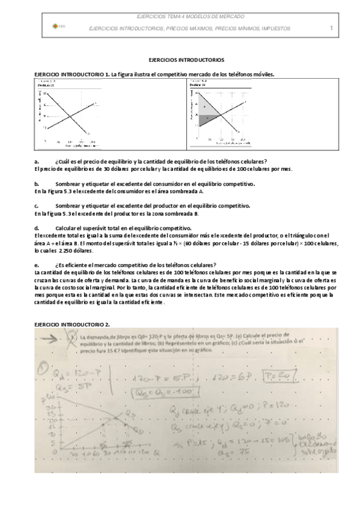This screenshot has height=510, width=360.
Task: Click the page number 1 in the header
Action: [331, 28]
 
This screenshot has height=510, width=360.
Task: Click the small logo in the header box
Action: [56, 26]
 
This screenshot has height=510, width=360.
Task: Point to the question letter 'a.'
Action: [37, 161]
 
